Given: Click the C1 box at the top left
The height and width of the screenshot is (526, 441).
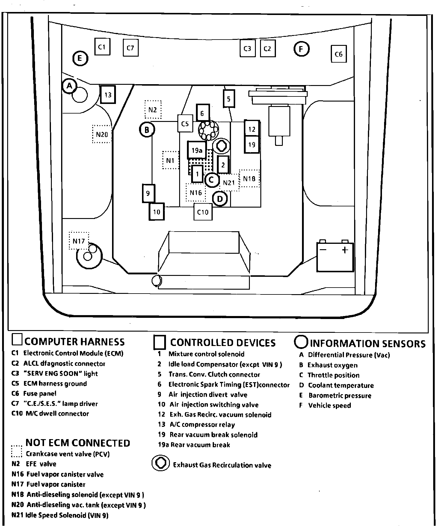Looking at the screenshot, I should (x=102, y=47).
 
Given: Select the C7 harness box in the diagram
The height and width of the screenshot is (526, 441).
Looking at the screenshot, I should (x=131, y=48).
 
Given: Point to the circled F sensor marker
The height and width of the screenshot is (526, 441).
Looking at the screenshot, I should (x=301, y=49).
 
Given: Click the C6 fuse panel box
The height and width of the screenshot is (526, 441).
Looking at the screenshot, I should (x=339, y=54).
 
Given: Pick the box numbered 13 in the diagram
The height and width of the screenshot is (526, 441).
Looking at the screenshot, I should (x=108, y=95).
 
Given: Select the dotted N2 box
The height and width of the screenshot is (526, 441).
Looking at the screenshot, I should (x=153, y=110).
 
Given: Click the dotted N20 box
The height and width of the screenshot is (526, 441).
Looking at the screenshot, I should (x=102, y=134).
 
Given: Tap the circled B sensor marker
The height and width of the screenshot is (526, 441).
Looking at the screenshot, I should (x=147, y=130).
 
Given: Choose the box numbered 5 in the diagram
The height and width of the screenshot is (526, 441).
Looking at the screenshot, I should (x=229, y=99).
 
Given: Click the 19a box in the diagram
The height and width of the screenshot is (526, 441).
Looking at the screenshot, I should (x=197, y=150).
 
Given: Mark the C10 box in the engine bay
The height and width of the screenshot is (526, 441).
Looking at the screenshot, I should (x=203, y=212).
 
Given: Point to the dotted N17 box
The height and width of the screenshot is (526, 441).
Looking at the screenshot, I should (x=79, y=241).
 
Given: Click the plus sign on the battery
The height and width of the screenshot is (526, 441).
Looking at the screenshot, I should (x=345, y=250).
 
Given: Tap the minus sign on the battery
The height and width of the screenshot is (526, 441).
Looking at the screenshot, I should (x=323, y=250).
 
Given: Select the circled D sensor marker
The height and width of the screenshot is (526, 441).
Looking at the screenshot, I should (x=220, y=199).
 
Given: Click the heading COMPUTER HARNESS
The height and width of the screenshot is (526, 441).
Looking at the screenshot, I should (x=75, y=342).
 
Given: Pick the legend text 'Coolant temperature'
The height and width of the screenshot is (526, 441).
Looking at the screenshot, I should (x=341, y=386).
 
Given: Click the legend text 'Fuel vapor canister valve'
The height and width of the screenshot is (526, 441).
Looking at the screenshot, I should (x=65, y=474).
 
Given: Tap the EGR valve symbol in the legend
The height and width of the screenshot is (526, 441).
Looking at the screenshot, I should (x=161, y=463).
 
